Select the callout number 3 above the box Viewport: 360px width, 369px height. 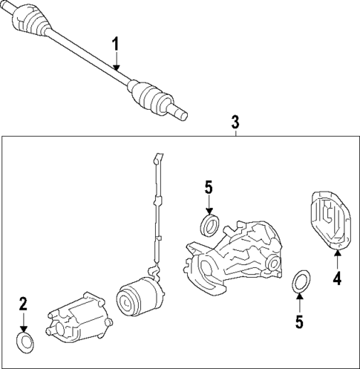click(x=235, y=121)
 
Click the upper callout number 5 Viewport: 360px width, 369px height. click(x=209, y=188)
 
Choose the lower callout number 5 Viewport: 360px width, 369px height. click(x=299, y=321)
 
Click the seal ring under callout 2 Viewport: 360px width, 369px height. click(x=24, y=342)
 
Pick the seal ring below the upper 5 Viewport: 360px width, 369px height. click(x=210, y=224)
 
